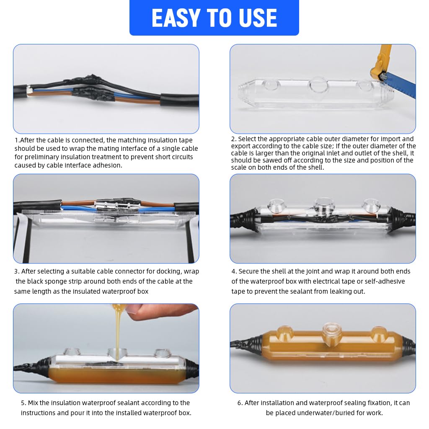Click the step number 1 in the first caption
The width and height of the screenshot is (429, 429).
[16, 140]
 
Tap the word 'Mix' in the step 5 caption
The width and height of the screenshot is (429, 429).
[34, 403]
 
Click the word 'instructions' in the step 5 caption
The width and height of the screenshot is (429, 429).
[40, 413]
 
